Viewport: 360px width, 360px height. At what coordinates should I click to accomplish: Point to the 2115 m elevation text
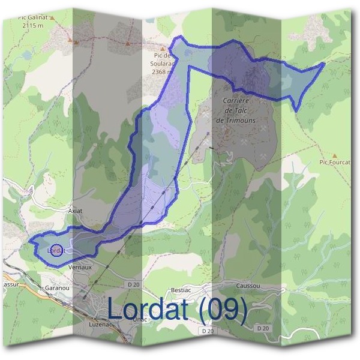tap(32, 26)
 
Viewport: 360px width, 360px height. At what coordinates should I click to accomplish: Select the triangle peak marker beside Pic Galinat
tap(53, 18)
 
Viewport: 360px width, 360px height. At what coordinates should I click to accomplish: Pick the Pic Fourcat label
tap(335, 162)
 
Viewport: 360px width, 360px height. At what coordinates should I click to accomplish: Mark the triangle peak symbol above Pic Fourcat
tap(334, 154)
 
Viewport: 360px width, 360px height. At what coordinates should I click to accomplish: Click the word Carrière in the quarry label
tap(235, 101)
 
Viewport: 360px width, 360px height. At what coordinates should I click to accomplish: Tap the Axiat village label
tap(74, 211)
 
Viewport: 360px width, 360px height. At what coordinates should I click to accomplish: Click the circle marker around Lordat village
tap(55, 250)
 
